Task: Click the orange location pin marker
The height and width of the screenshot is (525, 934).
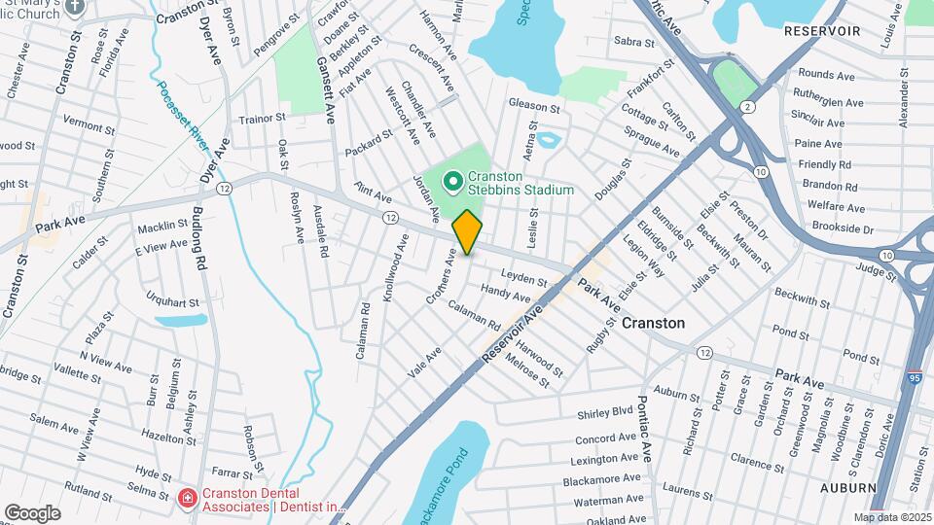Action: [x=468, y=231]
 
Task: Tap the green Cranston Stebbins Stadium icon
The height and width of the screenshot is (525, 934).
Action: [x=452, y=182]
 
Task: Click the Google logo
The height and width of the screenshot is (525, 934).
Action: [x=32, y=512]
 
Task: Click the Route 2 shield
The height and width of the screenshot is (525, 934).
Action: [x=747, y=104]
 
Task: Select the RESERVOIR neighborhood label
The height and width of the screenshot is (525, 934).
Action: [x=822, y=31]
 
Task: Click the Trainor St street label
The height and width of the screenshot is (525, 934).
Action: [x=263, y=118]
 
